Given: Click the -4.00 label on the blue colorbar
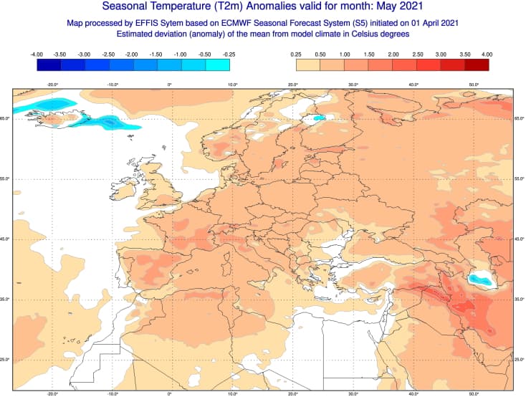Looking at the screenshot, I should point(37,54).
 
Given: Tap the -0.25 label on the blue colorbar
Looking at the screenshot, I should point(229,54).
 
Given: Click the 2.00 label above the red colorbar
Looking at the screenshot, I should point(393,54).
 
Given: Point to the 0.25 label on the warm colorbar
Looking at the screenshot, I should point(296,54).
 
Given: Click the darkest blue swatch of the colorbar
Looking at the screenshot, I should point(49,65).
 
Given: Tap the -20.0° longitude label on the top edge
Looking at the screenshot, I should point(52,85).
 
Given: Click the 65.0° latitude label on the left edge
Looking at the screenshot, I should point(6,118).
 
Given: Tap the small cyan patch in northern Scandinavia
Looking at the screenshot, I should point(319,118).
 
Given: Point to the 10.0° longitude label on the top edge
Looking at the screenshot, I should point(232,85).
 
